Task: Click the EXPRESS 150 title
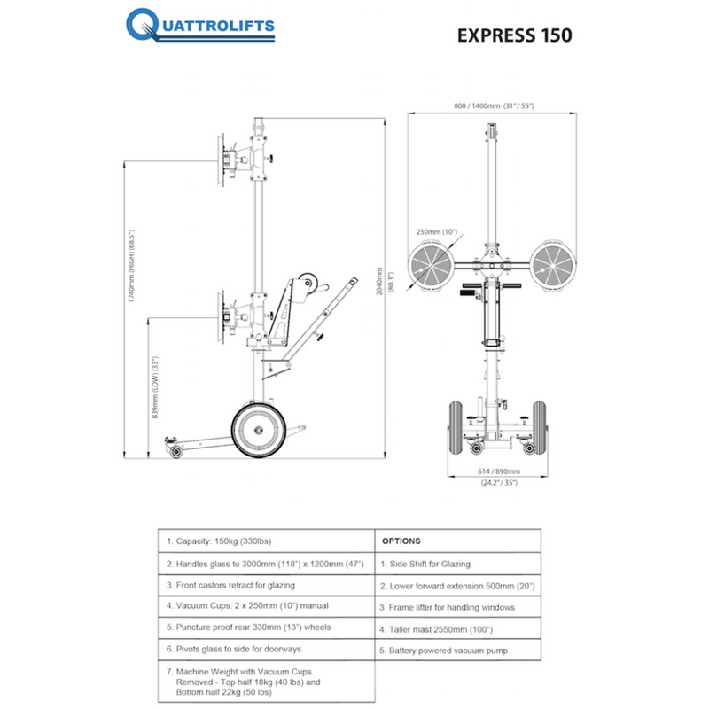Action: (514, 35)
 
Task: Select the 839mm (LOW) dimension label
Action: (154, 388)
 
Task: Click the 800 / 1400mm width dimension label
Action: (493, 105)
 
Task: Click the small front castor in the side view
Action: (176, 451)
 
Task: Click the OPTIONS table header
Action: (401, 541)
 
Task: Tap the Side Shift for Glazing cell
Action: (425, 564)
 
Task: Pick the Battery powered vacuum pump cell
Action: (443, 651)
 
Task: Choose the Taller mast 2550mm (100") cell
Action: (436, 629)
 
